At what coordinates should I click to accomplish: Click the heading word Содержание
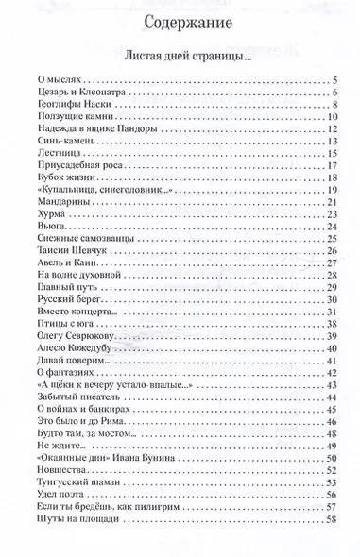click(180, 22)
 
